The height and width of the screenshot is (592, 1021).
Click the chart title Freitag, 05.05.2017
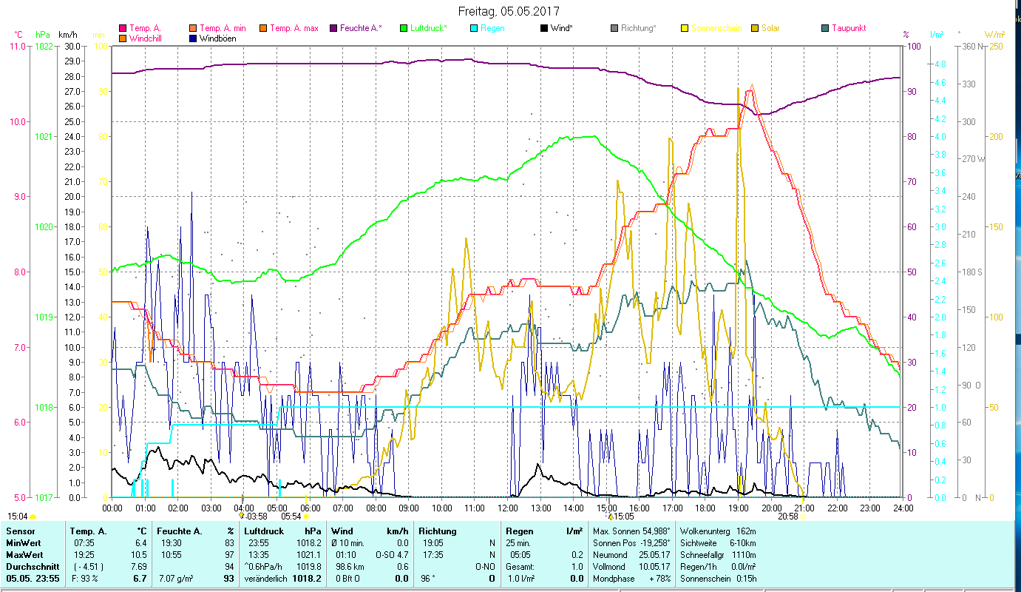tap(509, 11)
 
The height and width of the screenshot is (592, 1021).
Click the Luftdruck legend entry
tap(428, 28)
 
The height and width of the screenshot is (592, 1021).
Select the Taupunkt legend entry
tap(848, 28)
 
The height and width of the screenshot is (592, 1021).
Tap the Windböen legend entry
tap(217, 38)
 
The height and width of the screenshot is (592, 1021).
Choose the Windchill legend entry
tap(146, 38)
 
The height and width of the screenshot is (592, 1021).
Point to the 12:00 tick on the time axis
tap(508, 508)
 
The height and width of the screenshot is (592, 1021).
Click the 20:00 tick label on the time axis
tap(772, 508)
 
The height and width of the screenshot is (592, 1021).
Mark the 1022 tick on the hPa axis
tap(44, 46)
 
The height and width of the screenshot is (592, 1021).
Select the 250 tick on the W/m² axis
tap(995, 46)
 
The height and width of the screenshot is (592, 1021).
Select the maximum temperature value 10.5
tap(139, 555)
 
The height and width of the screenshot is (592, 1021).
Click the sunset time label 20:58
tap(787, 517)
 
